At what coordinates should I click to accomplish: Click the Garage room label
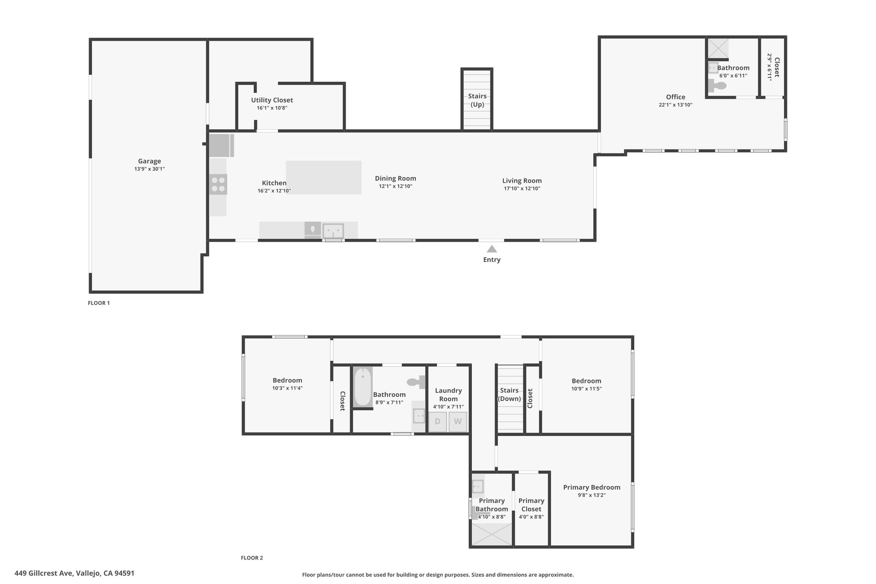tap(149, 161)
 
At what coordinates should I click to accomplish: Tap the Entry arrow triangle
tap(492, 249)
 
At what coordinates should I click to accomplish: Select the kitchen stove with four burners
tap(218, 184)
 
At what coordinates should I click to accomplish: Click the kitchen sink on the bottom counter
tap(333, 231)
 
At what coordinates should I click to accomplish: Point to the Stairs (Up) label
tap(477, 100)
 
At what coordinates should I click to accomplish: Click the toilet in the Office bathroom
tap(717, 86)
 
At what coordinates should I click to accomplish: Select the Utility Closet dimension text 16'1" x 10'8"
tap(272, 108)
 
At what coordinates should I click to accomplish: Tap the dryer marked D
tap(438, 421)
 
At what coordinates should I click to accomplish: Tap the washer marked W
tap(458, 421)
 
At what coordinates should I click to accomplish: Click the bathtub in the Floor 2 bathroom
tap(363, 387)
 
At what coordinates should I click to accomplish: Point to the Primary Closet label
tap(531, 505)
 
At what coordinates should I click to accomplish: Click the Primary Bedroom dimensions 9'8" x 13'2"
tap(592, 495)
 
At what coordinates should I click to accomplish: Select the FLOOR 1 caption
tap(99, 303)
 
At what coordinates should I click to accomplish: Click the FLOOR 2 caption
tap(252, 558)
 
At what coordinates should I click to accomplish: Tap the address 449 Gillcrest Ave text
tap(45, 573)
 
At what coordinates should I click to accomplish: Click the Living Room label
tap(522, 181)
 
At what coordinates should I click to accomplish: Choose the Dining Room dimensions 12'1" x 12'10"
tap(396, 187)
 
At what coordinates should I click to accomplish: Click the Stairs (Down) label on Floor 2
tap(509, 394)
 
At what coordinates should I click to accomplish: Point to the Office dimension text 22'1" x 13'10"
tap(675, 105)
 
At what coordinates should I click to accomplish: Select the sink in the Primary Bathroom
tap(478, 486)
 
